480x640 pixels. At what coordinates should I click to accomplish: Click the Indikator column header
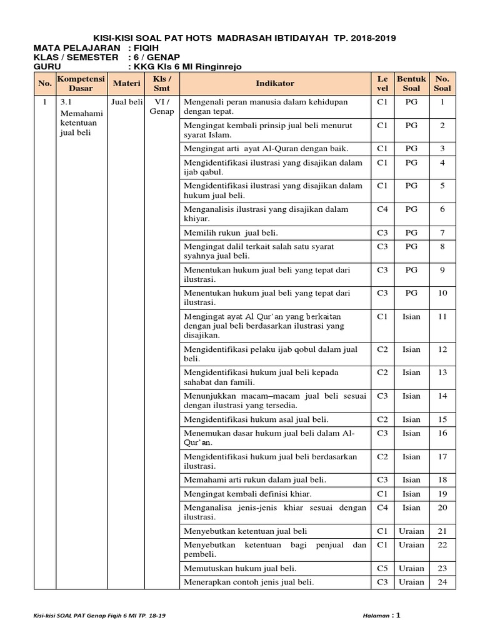point(275,84)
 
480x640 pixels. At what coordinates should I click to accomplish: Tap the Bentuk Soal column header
point(411,84)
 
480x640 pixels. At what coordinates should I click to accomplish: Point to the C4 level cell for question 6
point(382,210)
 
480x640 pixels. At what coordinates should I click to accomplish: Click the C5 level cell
point(382,569)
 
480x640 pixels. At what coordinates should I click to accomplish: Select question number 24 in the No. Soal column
point(442,582)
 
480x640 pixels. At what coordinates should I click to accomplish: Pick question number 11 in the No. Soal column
point(442,317)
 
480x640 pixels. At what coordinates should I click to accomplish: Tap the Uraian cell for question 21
point(411,531)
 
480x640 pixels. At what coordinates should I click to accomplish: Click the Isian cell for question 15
point(411,419)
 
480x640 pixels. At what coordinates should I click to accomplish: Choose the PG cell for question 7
point(411,233)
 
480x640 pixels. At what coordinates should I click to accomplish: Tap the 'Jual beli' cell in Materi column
point(127,102)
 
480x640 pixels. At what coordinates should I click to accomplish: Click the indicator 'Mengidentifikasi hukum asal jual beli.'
point(256,419)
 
